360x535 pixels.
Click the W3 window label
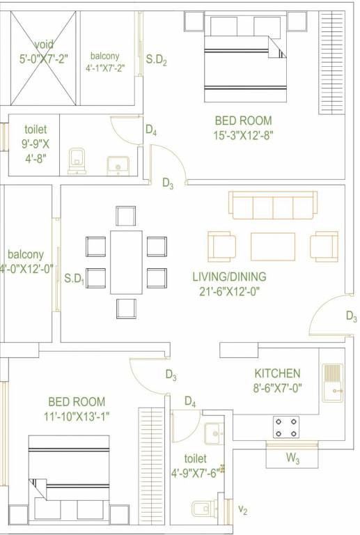coord(293,459)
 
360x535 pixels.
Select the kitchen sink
coord(333,385)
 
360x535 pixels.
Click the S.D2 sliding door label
coord(156,60)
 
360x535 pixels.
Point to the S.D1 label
coord(74,279)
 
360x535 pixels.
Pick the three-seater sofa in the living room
coord(272,205)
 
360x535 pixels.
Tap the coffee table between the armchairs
coord(272,246)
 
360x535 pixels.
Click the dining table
coord(126,262)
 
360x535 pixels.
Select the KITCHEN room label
coord(277,373)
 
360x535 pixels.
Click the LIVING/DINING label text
coord(229,277)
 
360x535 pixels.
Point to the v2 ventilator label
coord(243,511)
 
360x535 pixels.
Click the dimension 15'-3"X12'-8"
coord(243,136)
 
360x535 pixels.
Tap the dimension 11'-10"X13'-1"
coord(76,417)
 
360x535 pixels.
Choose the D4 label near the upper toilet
coord(150,130)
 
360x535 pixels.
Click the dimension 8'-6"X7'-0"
coord(277,389)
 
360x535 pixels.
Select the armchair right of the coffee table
coord(324,246)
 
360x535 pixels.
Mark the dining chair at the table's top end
coord(126,216)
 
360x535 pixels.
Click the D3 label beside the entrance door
coord(352,316)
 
